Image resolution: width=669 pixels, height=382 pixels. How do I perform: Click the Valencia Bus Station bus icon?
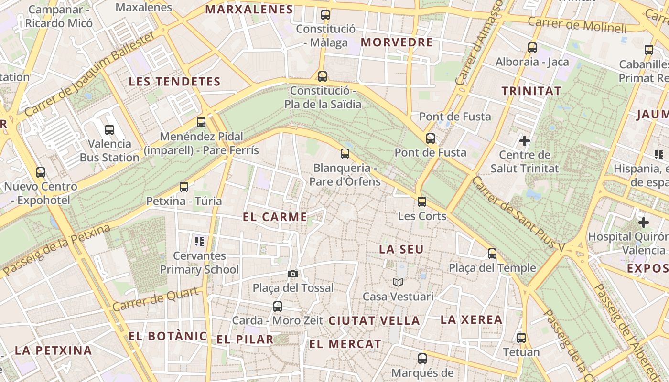109,129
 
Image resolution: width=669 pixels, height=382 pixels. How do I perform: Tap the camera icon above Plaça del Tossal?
293,274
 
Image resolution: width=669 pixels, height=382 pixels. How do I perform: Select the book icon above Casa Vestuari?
398,282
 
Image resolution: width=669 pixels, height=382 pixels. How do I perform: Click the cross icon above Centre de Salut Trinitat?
525,140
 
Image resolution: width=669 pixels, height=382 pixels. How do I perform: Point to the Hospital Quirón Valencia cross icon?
644,222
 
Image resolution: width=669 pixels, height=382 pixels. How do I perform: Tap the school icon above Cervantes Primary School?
199,242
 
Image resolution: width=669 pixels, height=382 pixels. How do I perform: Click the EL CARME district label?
275,217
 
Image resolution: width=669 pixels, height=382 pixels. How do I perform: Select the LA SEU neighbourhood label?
401,249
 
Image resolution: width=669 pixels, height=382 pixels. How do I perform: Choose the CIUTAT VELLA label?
374,320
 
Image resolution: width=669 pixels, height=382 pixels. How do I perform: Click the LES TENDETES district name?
174,82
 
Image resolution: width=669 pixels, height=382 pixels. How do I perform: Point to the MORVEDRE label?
397,42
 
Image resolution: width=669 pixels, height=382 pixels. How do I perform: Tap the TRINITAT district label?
531,90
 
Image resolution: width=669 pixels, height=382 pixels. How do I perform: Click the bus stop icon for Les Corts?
422,202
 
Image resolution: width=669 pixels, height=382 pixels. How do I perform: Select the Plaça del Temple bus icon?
492,254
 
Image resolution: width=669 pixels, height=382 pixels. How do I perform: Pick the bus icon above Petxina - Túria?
184,187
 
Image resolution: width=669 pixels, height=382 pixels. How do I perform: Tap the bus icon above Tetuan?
521,338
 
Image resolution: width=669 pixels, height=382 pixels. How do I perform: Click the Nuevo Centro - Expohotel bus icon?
41,172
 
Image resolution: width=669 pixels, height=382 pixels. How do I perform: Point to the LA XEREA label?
471,319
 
